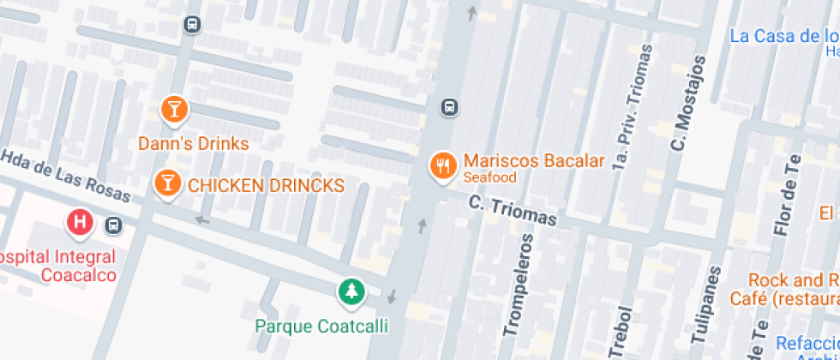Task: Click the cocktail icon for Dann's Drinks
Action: pos(174,109)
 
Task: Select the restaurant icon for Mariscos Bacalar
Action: pos(442,165)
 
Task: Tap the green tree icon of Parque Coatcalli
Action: pos(350,293)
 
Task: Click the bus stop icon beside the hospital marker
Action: pos(112,225)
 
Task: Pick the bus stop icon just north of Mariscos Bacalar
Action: pos(449,107)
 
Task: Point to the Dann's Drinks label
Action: pos(194,143)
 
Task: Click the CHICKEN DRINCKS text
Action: pos(266,186)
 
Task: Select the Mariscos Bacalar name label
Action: pos(534,160)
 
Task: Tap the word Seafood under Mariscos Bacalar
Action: pos(490,177)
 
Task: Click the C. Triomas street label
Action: pos(512,210)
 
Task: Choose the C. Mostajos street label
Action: pos(688,103)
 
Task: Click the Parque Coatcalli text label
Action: pos(321,327)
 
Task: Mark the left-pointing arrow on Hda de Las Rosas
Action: pos(201,220)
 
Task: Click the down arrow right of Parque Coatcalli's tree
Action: pos(393,297)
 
